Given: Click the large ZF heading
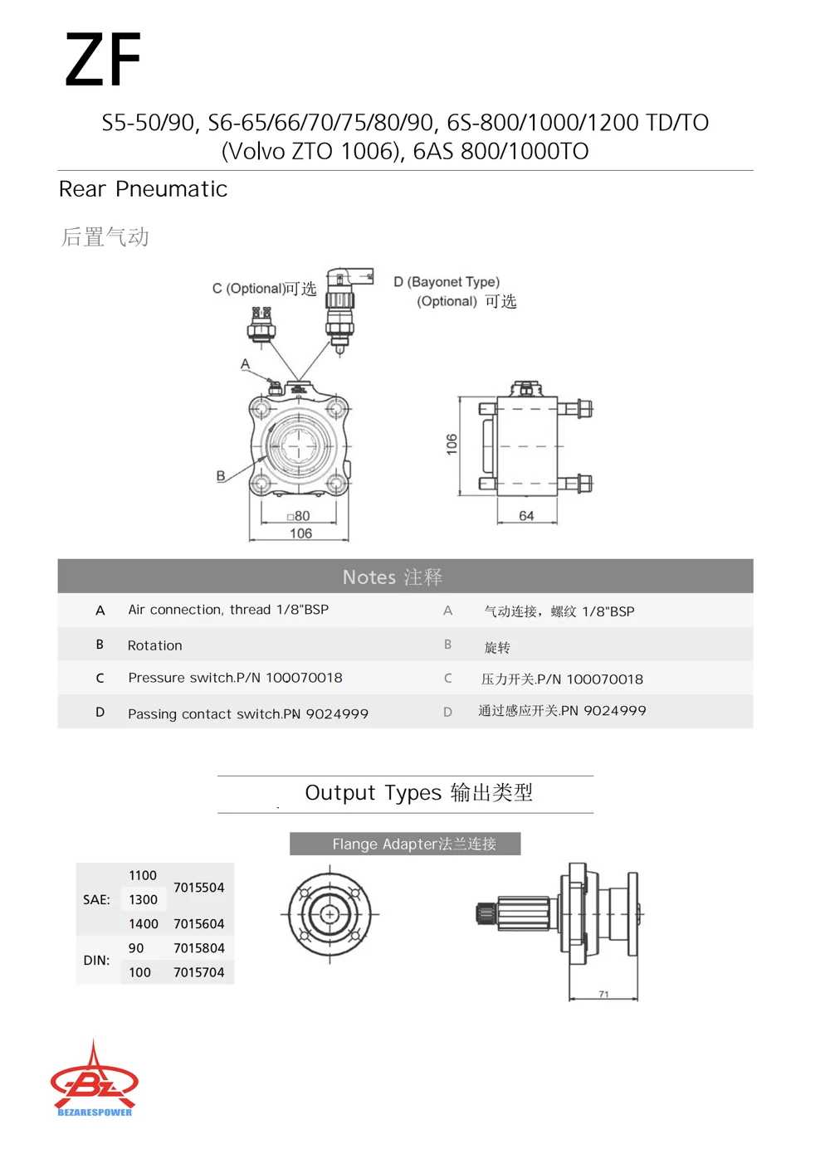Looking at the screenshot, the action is point(103,59).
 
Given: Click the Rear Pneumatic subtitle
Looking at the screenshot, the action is point(143,189).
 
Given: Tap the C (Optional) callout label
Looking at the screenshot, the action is point(264,289).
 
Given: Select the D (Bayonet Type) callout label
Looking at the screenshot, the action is point(447,282).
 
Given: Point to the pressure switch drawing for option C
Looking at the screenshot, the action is point(261,324).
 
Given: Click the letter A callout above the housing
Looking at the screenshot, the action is point(245,364).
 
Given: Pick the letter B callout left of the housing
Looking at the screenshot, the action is point(221,475).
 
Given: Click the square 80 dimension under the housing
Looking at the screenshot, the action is point(299,516).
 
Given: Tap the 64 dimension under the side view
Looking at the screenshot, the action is point(526,516).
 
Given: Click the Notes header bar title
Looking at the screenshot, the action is point(393,577).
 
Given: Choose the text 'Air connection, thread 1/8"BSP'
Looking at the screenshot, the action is point(228,610).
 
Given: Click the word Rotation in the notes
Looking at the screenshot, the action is point(155,645).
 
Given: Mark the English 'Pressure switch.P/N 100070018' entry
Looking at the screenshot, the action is point(235,678).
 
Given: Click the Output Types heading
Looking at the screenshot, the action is point(418,793).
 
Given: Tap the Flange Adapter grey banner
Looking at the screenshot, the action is point(405,844).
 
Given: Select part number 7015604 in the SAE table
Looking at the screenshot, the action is point(199,924).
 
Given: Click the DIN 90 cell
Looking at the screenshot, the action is point(136,948).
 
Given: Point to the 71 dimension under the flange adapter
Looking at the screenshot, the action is point(603,994).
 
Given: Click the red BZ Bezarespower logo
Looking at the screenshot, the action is point(95,1080).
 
